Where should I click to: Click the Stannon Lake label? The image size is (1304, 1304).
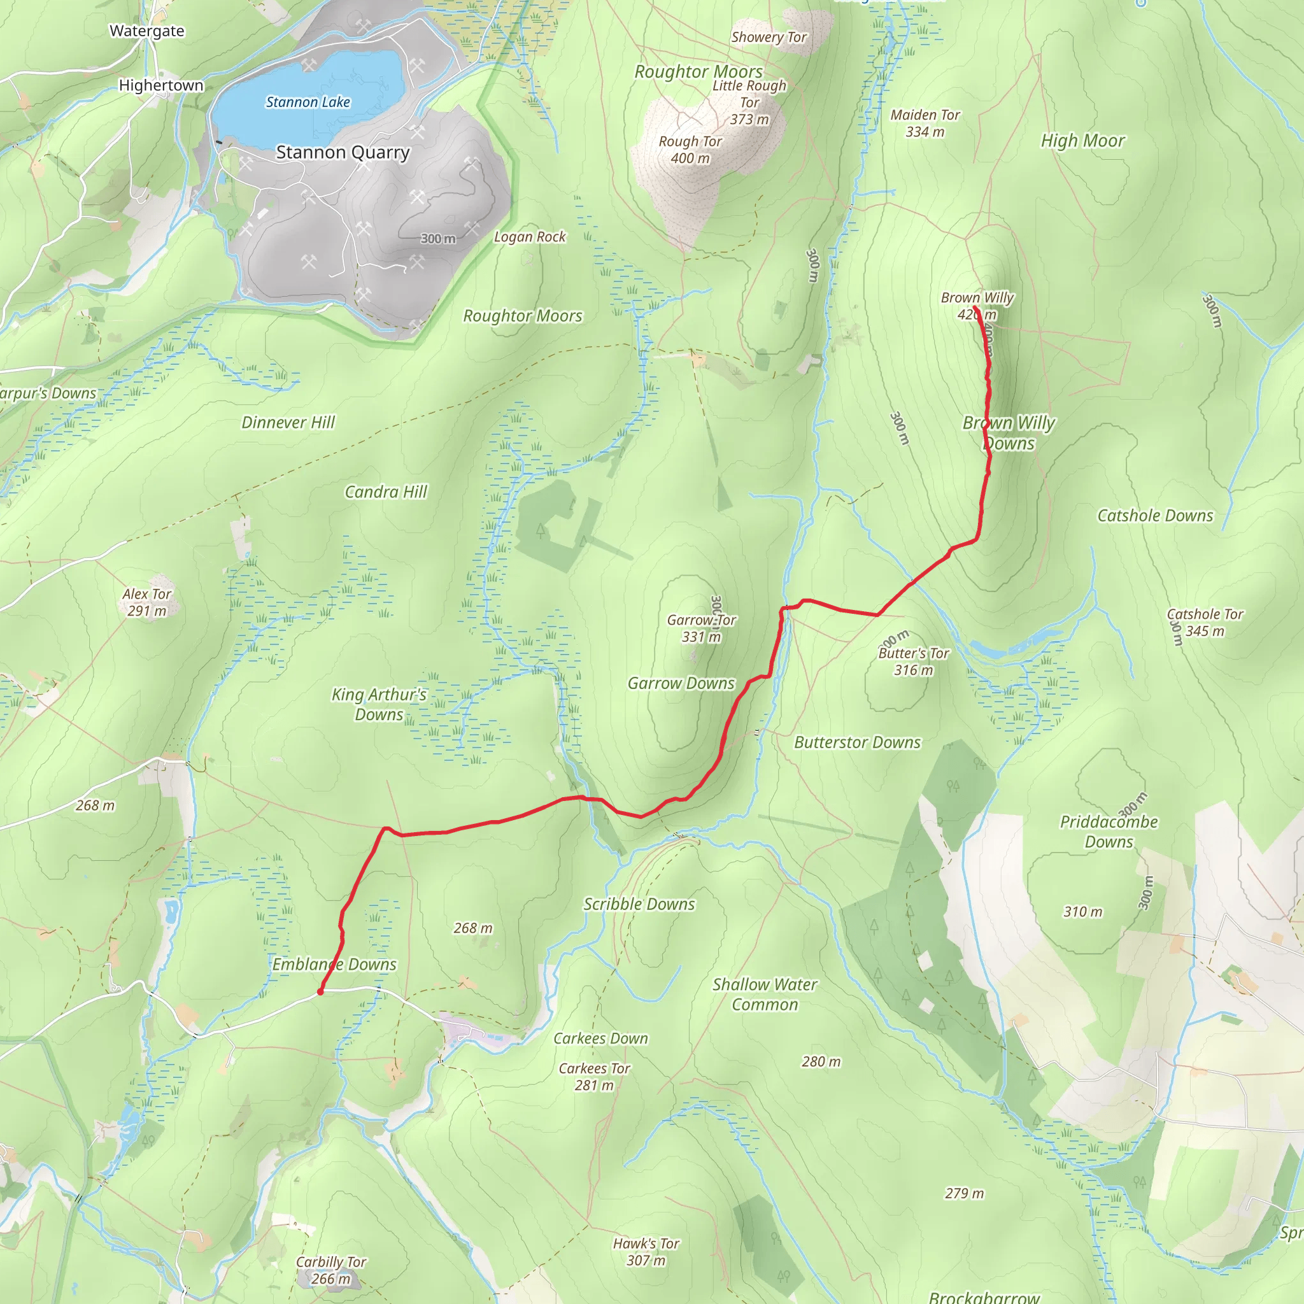click(308, 102)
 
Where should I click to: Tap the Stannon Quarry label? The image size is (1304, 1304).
click(343, 153)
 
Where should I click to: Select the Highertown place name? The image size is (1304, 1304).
click(160, 85)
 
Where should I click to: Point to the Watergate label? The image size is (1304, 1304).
click(146, 31)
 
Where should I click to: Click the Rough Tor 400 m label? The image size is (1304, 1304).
click(690, 150)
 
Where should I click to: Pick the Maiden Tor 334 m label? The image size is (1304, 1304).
click(925, 124)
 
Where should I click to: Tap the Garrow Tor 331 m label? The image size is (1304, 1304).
click(701, 628)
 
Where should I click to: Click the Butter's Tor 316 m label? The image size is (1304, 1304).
click(913, 662)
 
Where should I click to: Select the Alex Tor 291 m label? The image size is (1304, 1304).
click(146, 602)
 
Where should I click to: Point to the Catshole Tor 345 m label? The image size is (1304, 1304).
click(1205, 622)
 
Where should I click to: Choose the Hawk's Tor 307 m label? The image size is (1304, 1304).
click(646, 1251)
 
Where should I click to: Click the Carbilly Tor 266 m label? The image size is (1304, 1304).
click(330, 1270)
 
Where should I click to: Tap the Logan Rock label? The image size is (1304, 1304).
click(530, 237)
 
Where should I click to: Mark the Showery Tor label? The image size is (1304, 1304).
click(769, 37)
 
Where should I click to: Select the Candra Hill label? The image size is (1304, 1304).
click(385, 492)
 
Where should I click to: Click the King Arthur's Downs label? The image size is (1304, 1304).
click(379, 704)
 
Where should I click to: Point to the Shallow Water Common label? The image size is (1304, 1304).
click(765, 994)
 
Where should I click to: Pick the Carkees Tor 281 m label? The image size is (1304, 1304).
click(594, 1077)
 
